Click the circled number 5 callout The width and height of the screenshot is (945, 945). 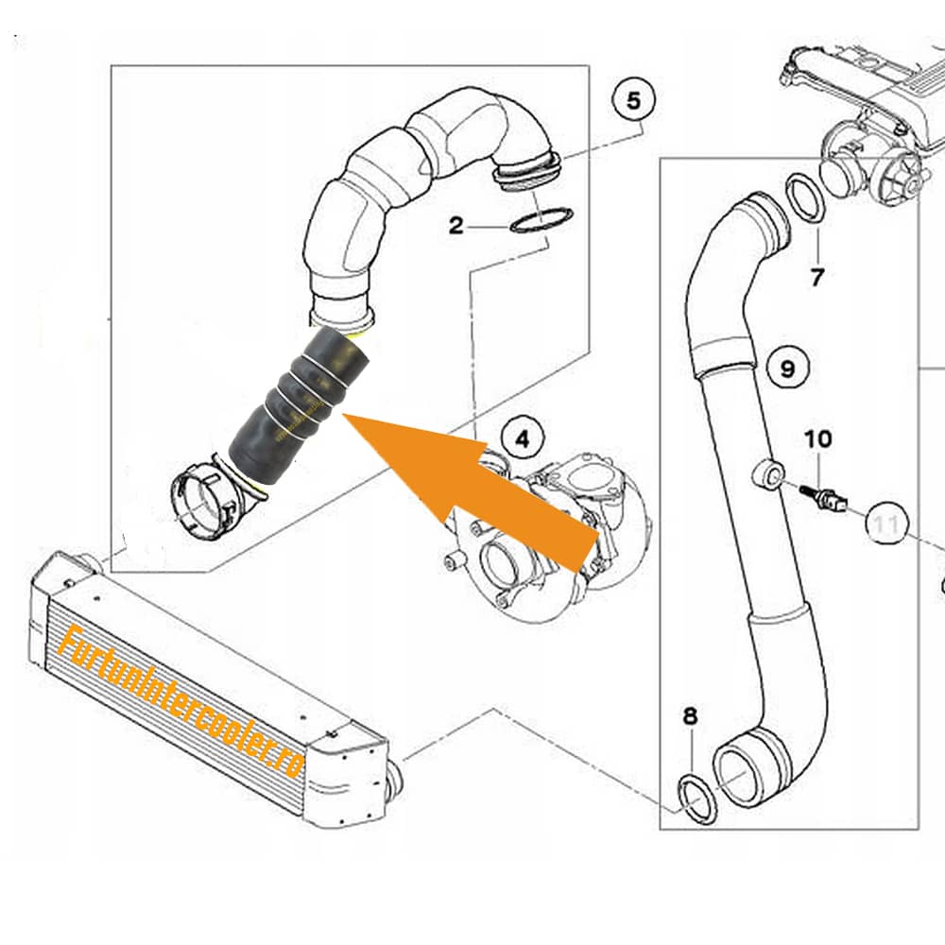click(633, 101)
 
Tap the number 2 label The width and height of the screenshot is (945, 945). click(456, 226)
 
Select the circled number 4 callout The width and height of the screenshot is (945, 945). click(523, 438)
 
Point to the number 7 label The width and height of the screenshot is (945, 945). click(816, 277)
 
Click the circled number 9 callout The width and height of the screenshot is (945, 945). click(788, 368)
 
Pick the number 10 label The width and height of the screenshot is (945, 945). click(817, 438)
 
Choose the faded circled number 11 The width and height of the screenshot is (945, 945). click(886, 524)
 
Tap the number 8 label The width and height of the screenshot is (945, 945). click(690, 716)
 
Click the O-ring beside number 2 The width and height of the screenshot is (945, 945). click(541, 219)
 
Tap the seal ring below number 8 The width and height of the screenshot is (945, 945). click(699, 801)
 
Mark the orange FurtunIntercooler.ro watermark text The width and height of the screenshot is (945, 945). click(180, 702)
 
